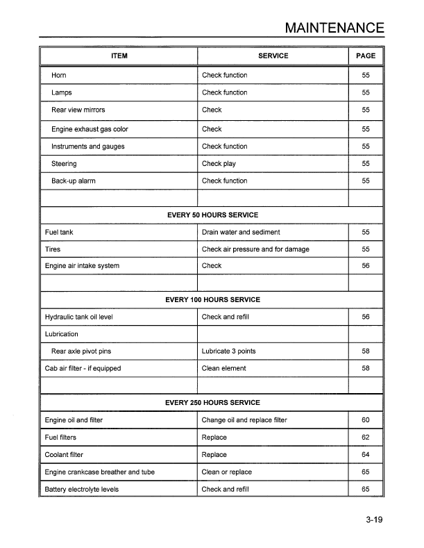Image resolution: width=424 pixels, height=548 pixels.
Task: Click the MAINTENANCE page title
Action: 334,28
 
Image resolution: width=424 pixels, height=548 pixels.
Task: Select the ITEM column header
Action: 119,56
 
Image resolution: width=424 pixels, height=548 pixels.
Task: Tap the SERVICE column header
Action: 273,56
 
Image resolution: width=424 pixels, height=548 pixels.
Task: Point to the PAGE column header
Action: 365,56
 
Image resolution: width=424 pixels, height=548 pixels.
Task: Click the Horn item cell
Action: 58,75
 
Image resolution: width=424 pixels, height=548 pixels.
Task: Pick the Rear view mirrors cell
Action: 78,110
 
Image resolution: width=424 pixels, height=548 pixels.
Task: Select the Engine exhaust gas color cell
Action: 90,129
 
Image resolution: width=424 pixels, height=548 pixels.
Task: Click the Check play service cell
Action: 219,164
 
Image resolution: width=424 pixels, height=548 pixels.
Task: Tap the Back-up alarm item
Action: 73,181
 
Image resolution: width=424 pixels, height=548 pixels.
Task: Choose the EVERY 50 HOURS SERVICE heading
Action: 212,215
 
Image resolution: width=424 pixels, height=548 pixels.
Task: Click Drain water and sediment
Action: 241,232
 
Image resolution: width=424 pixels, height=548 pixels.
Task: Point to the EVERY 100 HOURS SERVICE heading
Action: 212,300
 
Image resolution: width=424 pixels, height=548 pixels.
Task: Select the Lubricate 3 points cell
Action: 228,351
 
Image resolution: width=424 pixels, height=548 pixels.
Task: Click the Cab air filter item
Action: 83,368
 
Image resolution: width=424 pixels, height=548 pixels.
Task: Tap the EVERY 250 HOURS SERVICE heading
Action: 212,403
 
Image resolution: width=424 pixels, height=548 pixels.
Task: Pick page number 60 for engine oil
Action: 365,420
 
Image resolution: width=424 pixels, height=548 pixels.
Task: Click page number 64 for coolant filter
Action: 365,455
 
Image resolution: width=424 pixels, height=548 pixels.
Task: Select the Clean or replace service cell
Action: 227,472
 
